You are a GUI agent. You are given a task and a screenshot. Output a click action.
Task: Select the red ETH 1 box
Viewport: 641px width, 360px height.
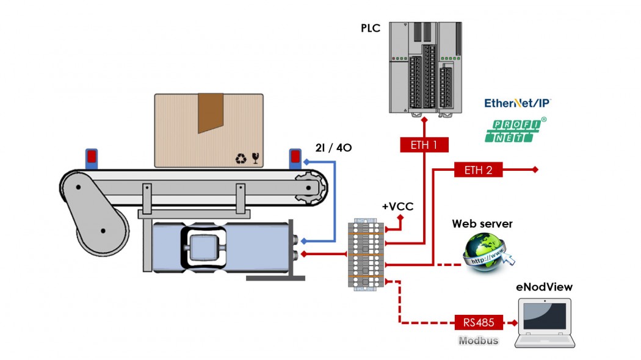(424, 145)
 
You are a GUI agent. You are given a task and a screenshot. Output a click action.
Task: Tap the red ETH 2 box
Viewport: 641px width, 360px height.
(478, 170)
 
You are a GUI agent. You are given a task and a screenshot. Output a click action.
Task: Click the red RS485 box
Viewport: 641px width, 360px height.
(479, 322)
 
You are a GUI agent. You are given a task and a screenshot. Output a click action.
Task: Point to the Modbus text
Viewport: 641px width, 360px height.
(479, 340)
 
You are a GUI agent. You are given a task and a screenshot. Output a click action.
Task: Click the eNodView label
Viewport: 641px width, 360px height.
(545, 287)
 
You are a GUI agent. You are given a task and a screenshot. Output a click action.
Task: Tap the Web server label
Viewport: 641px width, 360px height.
(482, 224)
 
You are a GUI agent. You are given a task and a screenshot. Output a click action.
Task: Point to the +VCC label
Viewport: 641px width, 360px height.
(397, 206)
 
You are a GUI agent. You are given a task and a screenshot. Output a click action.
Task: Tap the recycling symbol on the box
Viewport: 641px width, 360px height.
(241, 159)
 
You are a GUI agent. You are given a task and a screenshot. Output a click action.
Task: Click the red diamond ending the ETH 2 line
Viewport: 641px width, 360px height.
(535, 170)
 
